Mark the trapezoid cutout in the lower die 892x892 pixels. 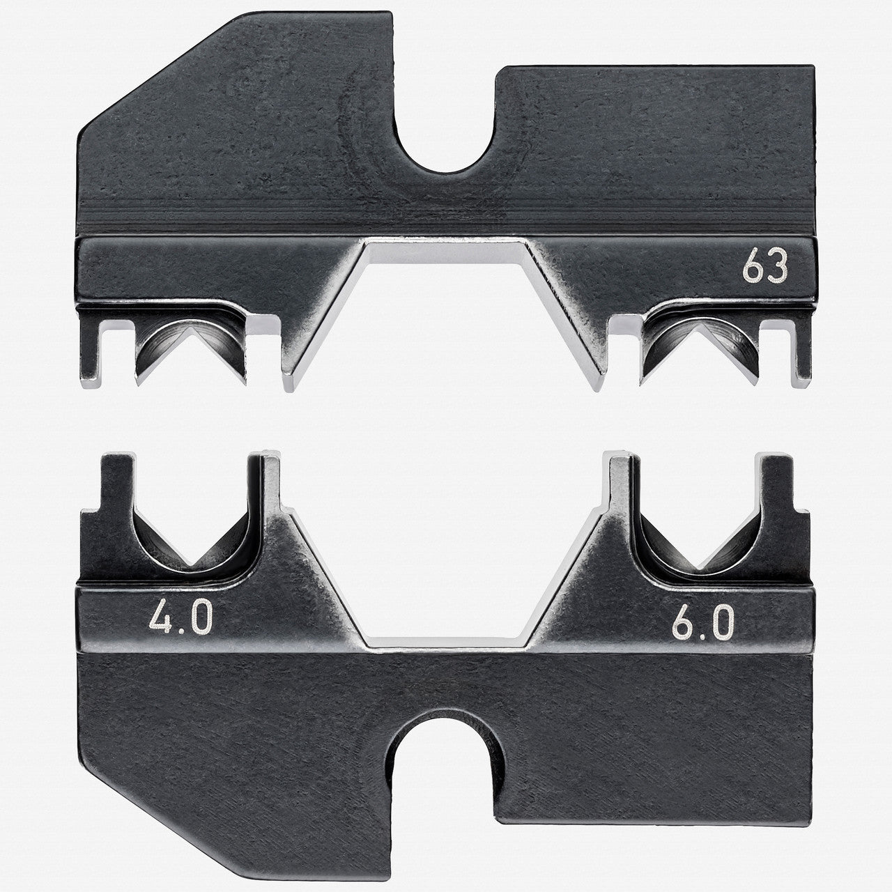pos(446,599)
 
